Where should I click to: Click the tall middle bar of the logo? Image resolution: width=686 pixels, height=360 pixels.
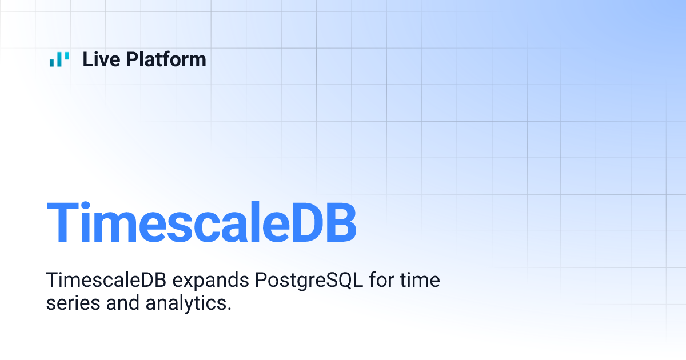(59, 59)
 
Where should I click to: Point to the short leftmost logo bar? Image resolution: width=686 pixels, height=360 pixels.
(52, 62)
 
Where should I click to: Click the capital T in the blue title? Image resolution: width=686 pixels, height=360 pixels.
(61, 223)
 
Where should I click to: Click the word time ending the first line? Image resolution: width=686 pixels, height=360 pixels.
(421, 281)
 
